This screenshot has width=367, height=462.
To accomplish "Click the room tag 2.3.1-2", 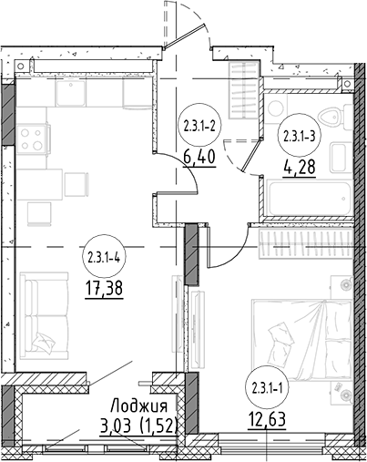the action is point(199,126).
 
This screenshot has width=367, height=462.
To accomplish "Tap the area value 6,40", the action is point(199,158).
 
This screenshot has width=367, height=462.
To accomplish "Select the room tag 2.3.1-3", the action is point(299,136).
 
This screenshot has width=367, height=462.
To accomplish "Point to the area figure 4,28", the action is point(300,167).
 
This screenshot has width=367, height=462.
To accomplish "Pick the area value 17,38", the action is point(104,289).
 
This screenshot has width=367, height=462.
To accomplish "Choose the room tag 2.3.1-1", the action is point(267,388).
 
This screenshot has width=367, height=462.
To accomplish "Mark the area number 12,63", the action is point(267,420).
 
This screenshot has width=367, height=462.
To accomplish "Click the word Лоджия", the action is point(139,406).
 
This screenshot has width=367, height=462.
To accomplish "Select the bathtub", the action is point(309,198).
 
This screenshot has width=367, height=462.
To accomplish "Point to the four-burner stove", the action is point(33,139).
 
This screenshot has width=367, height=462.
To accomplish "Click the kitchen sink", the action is point(71,92).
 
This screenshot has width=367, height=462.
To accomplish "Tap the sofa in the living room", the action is point(44,316).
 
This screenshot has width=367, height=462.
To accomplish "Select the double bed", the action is point(302,340).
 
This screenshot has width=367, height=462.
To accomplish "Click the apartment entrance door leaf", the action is point(183,36).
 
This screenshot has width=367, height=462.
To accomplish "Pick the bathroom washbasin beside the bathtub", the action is point(337,158).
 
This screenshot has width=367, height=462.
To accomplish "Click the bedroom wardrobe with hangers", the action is point(306,243).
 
